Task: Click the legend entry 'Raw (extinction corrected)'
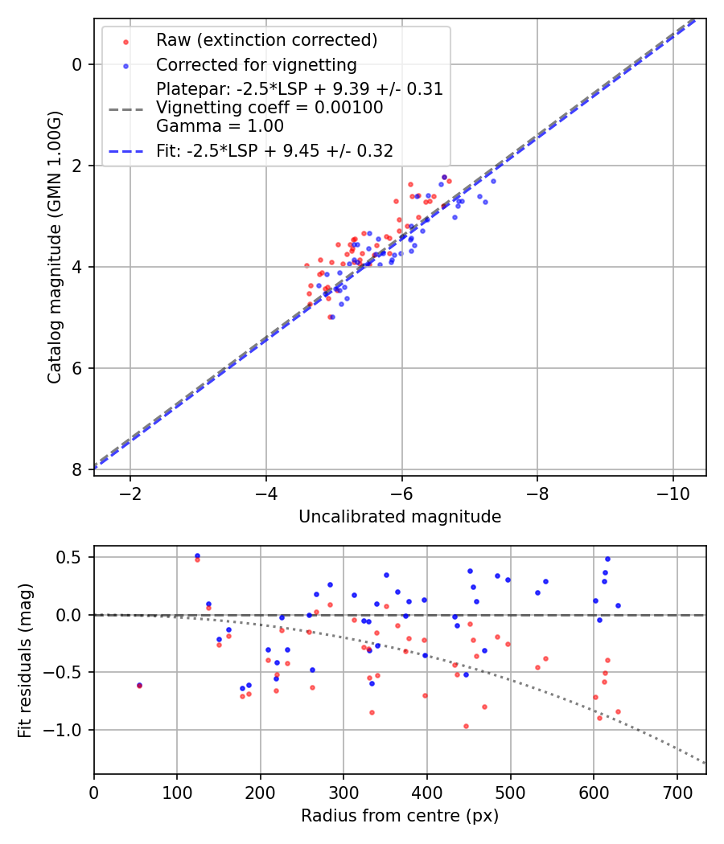266,40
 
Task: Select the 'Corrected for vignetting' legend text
256,64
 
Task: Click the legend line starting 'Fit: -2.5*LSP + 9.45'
274,150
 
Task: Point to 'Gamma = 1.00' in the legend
220,125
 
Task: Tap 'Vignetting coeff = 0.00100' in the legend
269,107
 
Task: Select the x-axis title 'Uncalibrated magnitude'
400,517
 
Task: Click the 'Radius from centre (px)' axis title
400,816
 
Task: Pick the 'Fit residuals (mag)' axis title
25,660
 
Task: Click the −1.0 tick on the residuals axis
69,730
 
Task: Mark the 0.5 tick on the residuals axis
76,557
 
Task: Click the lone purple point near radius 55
139,686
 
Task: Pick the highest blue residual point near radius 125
197,555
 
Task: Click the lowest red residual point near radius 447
466,726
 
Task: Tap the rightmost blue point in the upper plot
493,181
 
